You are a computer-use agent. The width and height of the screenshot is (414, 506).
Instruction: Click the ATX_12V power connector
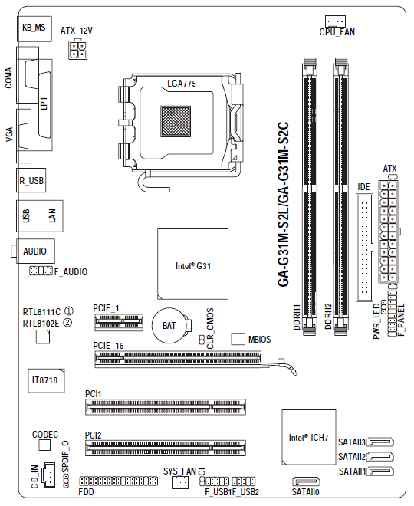(77, 49)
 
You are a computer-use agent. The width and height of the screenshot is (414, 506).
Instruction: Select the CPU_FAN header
(335, 21)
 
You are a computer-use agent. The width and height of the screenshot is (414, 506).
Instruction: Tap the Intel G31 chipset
(192, 264)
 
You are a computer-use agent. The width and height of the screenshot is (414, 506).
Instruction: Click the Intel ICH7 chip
(309, 437)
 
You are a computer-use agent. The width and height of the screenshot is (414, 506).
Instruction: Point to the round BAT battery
(170, 325)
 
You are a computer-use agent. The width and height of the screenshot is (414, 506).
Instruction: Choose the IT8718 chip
(46, 380)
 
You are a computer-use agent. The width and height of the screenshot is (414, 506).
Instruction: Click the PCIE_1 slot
(119, 322)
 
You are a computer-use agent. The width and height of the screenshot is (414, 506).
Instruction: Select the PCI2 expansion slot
(166, 448)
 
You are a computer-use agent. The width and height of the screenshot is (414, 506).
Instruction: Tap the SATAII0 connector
(306, 481)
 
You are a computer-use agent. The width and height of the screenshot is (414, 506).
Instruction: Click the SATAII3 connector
(381, 442)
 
